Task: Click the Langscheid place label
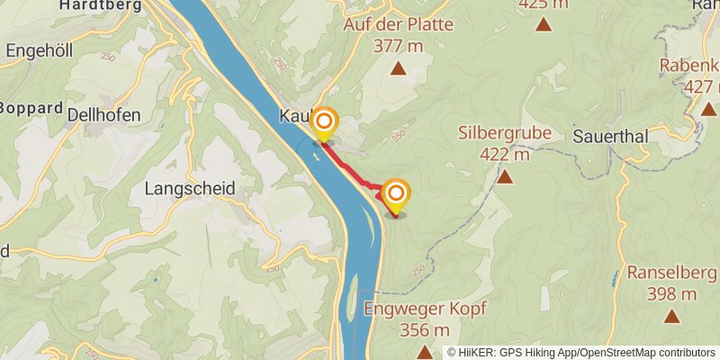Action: click(x=190, y=189)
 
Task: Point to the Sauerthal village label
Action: click(x=609, y=138)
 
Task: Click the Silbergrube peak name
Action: click(x=504, y=132)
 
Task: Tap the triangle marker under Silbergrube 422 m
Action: click(x=505, y=176)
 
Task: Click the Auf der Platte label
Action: click(x=398, y=24)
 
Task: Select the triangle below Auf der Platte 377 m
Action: click(x=398, y=68)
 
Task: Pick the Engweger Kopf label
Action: click(x=425, y=309)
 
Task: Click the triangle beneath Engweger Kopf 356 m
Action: click(x=425, y=351)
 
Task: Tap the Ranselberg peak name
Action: click(x=670, y=273)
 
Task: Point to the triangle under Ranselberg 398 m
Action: click(x=670, y=316)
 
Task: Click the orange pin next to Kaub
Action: click(x=324, y=123)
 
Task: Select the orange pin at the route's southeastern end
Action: click(x=395, y=195)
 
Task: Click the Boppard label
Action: click(x=32, y=108)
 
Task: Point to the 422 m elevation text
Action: click(x=504, y=153)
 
